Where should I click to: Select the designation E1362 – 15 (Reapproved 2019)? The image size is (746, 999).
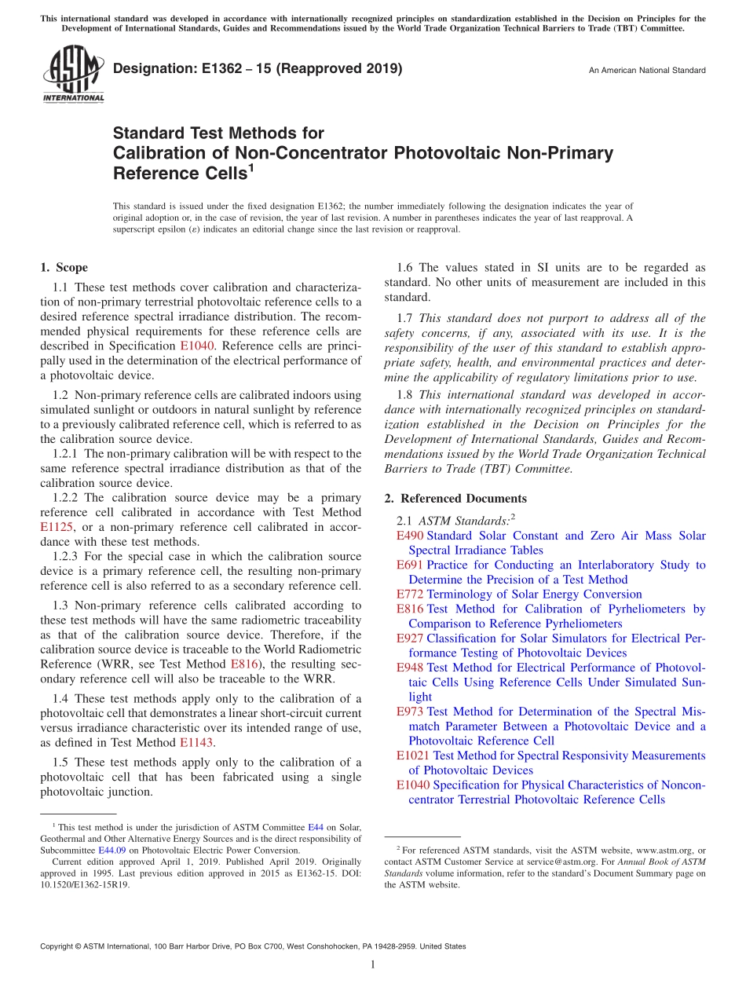pos(258,68)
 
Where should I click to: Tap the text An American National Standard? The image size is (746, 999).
pos(647,71)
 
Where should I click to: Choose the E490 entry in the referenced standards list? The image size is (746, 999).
pos(410,536)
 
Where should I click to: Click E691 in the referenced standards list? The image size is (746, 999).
pos(410,565)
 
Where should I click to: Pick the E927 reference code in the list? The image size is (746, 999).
pos(410,639)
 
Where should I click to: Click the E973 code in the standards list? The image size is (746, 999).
pos(410,712)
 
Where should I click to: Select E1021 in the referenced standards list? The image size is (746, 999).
pos(413,756)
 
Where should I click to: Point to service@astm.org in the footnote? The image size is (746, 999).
pos(564,862)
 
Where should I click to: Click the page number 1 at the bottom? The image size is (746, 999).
pos(373,965)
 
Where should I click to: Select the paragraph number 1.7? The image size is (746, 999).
pos(405,319)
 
